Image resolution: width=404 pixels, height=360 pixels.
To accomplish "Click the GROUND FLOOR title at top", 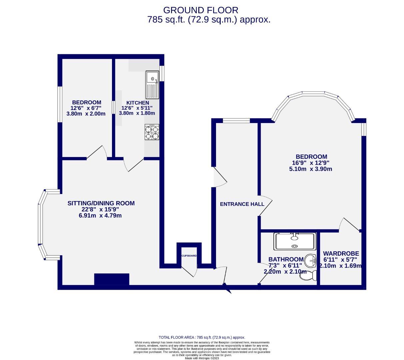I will click(x=201, y=10).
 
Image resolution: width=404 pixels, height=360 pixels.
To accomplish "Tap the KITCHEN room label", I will click(x=137, y=103).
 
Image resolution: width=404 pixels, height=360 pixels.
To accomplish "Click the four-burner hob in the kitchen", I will click(x=152, y=132).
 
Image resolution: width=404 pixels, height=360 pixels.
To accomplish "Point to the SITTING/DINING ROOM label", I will click(x=101, y=203).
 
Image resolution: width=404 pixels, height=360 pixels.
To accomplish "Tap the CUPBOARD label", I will click(x=189, y=256).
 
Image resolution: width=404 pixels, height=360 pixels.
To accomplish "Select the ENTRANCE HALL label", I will click(x=242, y=204).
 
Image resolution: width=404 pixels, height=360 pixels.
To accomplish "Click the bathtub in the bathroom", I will click(x=294, y=241).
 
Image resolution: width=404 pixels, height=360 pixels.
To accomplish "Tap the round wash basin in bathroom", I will click(x=311, y=260).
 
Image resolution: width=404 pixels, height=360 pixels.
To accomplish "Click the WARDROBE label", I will click(x=341, y=254).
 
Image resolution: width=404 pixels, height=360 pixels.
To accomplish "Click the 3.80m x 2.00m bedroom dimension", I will click(x=86, y=114).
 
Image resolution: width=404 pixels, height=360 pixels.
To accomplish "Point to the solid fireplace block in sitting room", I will click(x=111, y=279).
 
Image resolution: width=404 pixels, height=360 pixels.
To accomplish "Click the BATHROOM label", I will click(x=286, y=259).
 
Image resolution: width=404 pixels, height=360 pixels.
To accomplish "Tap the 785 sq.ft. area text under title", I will click(x=209, y=20).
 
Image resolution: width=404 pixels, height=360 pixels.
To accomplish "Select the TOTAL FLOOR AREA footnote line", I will click(x=202, y=337).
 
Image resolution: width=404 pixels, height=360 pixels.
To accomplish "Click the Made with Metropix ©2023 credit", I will click(x=202, y=358).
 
